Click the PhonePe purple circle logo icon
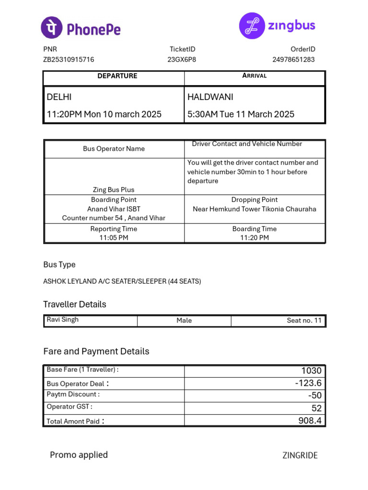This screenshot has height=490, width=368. [x=51, y=27]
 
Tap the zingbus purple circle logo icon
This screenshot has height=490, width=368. [x=252, y=26]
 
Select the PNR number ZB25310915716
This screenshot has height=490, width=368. [x=69, y=60]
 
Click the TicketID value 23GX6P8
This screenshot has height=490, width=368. [x=182, y=60]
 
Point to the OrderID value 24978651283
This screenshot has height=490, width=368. [x=294, y=60]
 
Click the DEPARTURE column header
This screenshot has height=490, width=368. [x=117, y=76]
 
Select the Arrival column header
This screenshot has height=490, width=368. [x=254, y=76]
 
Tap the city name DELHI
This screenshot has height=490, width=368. [x=59, y=97]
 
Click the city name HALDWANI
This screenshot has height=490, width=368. [x=210, y=97]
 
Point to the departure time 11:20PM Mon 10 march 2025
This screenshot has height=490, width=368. [x=104, y=114]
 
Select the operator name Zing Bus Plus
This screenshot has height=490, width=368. [x=114, y=190]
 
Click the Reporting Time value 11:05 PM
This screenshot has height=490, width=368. [x=114, y=238]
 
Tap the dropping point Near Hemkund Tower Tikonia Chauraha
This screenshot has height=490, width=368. [x=254, y=209]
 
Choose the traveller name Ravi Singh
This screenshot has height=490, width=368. [x=63, y=320]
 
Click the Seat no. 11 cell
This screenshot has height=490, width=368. [x=304, y=321]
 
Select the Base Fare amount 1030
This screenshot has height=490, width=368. [x=311, y=371]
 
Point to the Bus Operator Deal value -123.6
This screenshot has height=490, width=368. [x=308, y=383]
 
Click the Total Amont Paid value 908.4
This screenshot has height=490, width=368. [x=310, y=421]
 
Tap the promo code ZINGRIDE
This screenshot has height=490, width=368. [x=300, y=456]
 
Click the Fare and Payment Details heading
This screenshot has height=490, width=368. [x=96, y=351]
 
